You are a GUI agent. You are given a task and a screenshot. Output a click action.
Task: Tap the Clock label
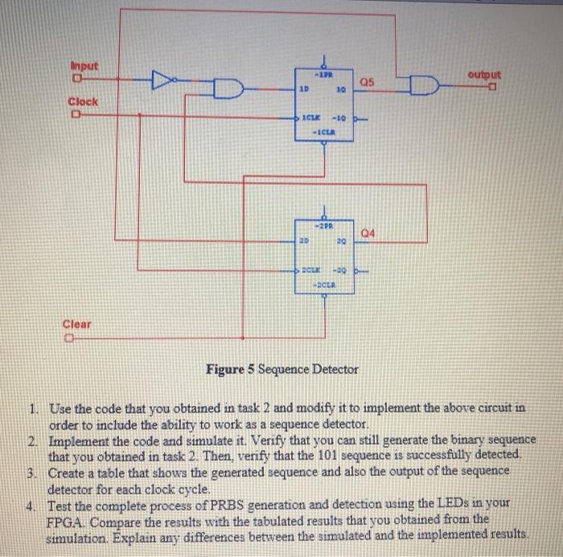tap(83, 102)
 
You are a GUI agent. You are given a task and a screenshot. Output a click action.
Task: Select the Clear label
tap(77, 324)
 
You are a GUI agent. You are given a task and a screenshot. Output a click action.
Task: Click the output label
tap(483, 74)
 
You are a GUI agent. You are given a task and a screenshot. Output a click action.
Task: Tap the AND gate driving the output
tap(424, 84)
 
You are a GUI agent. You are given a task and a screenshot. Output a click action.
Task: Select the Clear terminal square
tap(71, 338)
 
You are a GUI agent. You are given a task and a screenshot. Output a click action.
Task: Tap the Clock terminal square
tap(74, 117)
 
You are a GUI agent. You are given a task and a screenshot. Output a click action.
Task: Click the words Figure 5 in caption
tap(230, 370)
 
